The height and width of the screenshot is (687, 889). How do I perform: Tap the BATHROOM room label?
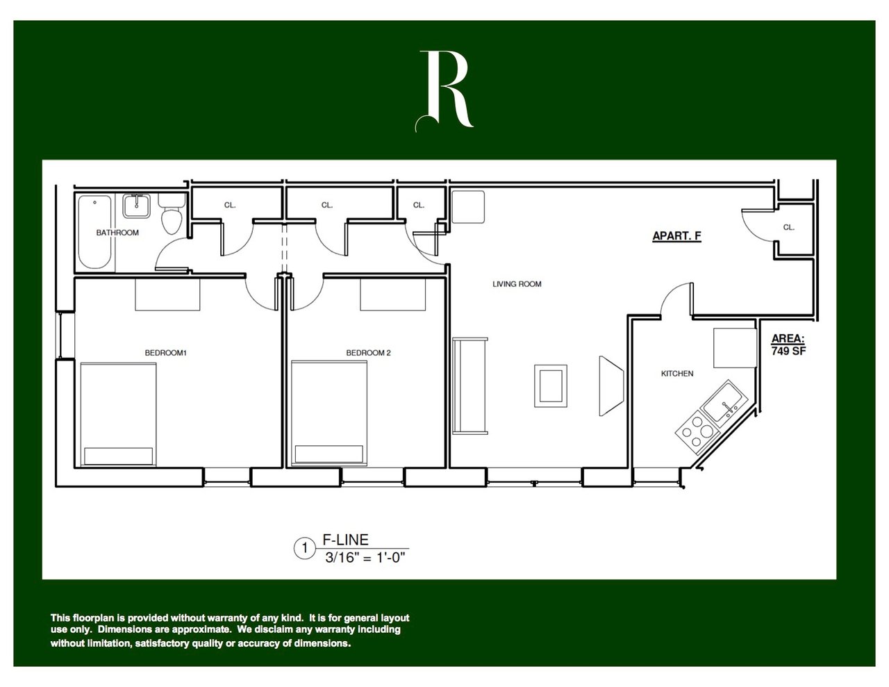pyautogui.click(x=117, y=233)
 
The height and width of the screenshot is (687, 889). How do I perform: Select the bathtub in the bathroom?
pyautogui.click(x=94, y=233)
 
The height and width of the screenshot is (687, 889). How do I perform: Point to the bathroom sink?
pyautogui.click(x=136, y=206)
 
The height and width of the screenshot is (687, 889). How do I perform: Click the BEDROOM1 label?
pyautogui.click(x=166, y=353)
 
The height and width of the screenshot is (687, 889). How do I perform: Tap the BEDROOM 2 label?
pyautogui.click(x=369, y=353)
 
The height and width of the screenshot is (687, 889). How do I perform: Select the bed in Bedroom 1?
pyautogui.click(x=118, y=413)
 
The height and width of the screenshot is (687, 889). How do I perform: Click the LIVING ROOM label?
pyautogui.click(x=517, y=284)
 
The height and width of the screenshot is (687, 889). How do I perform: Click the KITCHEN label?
pyautogui.click(x=676, y=374)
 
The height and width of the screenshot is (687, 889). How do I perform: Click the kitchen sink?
pyautogui.click(x=724, y=402)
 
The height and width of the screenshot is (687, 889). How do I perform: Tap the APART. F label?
pyautogui.click(x=676, y=236)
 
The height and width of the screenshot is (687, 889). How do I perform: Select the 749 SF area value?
pyautogui.click(x=788, y=351)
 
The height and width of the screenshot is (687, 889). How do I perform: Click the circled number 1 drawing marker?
pyautogui.click(x=304, y=549)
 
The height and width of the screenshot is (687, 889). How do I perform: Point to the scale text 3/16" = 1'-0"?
pyautogui.click(x=365, y=557)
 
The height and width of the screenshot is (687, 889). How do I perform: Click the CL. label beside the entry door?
pyautogui.click(x=788, y=227)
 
